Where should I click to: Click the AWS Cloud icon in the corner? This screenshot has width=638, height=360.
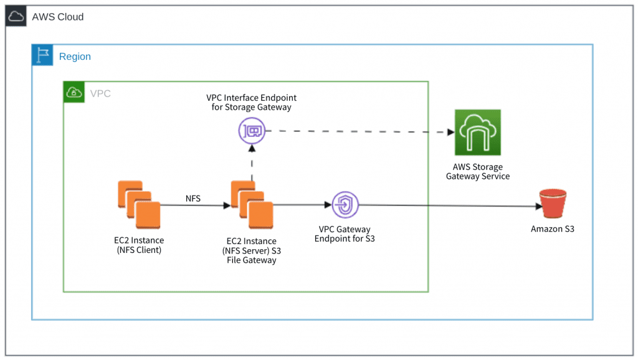click(16, 17)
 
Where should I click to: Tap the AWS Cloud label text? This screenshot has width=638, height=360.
click(58, 17)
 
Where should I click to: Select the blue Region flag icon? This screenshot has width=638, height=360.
click(42, 56)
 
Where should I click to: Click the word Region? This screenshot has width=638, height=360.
click(75, 57)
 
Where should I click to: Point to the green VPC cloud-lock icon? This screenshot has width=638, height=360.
click(74, 93)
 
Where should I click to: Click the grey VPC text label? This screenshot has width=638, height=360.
click(100, 93)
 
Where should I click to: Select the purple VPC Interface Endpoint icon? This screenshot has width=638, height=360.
click(252, 131)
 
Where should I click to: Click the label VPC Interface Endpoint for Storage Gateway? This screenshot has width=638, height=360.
click(251, 103)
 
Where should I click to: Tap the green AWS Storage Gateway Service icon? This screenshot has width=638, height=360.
click(477, 133)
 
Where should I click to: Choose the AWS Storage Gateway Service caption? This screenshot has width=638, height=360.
click(477, 171)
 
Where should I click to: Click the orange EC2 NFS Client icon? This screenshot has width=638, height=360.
click(138, 201)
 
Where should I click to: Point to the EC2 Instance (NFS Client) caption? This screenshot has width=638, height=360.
click(140, 245)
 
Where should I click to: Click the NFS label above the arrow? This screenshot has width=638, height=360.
click(193, 198)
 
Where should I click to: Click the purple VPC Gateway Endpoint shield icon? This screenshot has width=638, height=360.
click(344, 204)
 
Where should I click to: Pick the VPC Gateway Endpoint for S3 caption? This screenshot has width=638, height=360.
click(345, 234)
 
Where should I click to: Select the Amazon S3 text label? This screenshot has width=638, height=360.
click(552, 229)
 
